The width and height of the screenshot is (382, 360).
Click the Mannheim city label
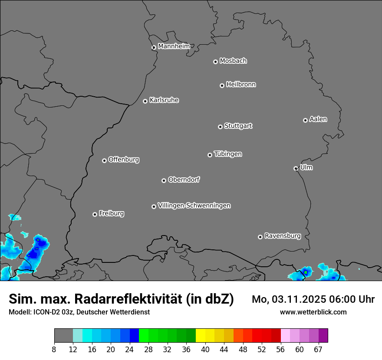[174, 46]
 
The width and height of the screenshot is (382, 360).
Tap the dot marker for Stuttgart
[220, 127]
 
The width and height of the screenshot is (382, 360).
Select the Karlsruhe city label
[164, 100]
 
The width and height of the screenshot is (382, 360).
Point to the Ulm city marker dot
[296, 168]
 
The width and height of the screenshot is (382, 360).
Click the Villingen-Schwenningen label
[194, 206]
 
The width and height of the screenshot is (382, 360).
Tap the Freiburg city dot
[95, 214]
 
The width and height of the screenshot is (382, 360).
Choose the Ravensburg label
[283, 236]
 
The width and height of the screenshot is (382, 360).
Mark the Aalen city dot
[305, 120]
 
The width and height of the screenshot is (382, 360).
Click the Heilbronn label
[241, 85]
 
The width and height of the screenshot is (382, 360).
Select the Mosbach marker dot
[215, 62]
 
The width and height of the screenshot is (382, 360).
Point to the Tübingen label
[228, 154]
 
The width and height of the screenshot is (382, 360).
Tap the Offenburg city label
[124, 160]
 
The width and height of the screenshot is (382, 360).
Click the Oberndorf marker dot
[164, 180]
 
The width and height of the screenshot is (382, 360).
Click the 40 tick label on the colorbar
[205, 350]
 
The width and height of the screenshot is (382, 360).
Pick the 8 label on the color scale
[54, 350]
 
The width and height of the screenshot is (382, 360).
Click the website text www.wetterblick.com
[313, 312]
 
